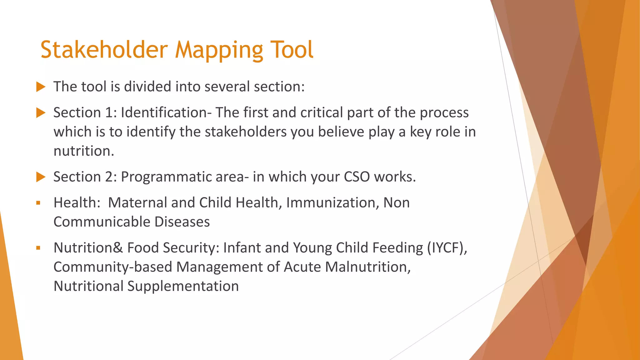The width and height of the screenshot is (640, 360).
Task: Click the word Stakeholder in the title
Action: click(x=104, y=50)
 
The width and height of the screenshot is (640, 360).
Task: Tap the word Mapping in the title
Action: click(x=219, y=50)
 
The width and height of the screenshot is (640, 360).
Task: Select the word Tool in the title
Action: click(x=291, y=50)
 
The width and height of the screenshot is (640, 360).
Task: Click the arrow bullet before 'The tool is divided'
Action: click(x=41, y=87)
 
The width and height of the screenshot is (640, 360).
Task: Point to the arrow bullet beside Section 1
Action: click(x=41, y=113)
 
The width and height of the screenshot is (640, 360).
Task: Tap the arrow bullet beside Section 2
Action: click(x=41, y=177)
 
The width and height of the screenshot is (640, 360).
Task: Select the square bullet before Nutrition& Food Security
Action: click(x=38, y=248)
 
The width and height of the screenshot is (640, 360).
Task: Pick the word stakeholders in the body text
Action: click(x=246, y=132)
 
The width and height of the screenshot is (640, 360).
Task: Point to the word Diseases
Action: click(x=182, y=222)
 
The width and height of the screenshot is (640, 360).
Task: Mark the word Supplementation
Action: click(x=183, y=286)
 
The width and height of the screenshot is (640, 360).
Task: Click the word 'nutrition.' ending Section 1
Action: click(x=84, y=151)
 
